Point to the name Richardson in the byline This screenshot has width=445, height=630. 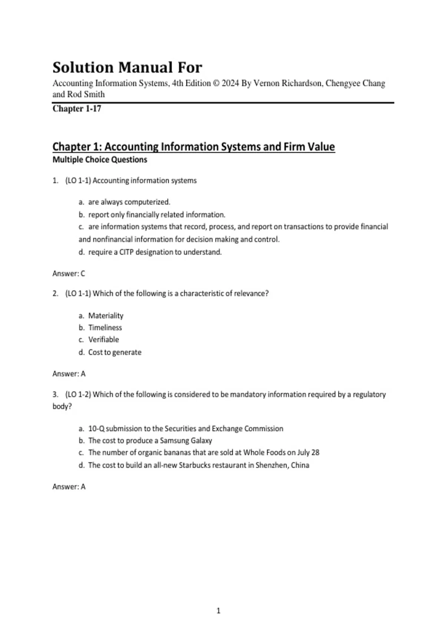(302, 83)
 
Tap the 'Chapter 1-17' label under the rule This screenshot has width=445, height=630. (77, 109)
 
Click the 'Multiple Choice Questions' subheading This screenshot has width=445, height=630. (100, 160)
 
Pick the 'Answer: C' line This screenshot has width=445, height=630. (69, 273)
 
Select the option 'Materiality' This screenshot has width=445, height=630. (106, 316)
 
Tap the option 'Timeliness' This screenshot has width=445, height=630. (105, 328)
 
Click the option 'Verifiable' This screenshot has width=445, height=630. (103, 339)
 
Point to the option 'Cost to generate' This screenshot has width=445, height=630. (115, 352)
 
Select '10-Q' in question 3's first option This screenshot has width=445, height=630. (96, 428)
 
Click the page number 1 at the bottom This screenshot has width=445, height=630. (218, 611)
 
